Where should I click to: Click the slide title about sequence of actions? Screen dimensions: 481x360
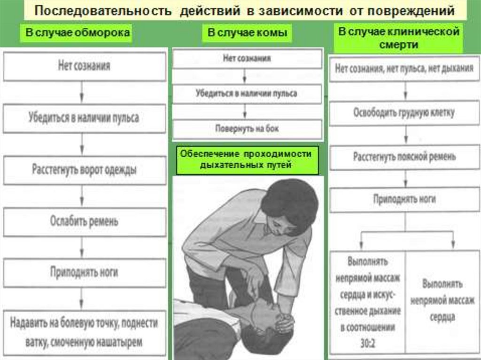point(244,10)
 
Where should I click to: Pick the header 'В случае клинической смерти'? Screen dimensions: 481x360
point(398,38)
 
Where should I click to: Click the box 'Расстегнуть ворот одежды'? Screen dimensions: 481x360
point(85,170)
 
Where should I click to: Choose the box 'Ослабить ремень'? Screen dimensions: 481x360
point(85,222)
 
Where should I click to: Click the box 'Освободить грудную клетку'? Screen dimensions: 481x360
point(404,113)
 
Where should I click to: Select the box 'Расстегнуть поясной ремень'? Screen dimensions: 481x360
point(404,157)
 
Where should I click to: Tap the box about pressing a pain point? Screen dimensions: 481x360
point(85,332)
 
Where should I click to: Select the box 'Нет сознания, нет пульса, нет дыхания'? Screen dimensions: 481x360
point(404,69)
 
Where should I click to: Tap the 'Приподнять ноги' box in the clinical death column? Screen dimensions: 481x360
point(404,199)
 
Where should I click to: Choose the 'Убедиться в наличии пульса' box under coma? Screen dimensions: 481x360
point(247,93)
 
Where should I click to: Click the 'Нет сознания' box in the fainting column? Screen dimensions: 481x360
point(85,66)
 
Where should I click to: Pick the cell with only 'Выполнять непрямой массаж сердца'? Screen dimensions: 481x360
point(442,300)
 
